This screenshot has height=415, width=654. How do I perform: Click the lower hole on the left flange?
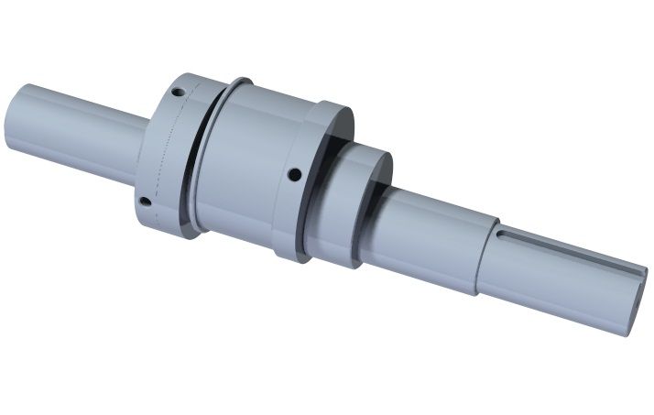tap(144, 201)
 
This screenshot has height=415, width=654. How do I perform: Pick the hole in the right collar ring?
tap(293, 173)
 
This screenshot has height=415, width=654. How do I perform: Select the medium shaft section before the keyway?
tap(431, 238)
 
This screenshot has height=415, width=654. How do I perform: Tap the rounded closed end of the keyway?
tap(503, 235)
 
